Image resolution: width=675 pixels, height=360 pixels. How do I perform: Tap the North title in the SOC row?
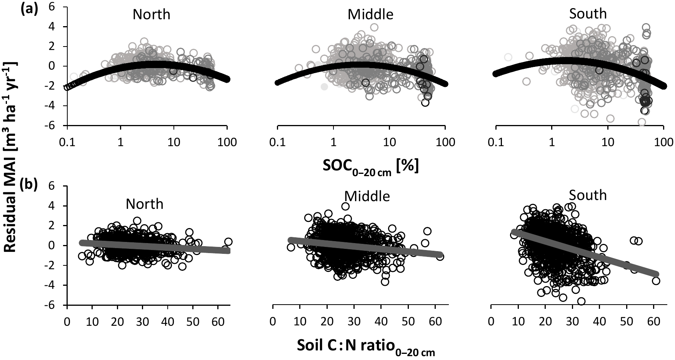click(151, 15)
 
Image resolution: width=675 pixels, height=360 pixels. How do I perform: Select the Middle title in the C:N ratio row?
click(367, 197)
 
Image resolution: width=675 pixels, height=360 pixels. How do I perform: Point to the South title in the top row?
click(588, 14)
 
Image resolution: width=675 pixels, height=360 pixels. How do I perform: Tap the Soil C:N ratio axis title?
click(366, 347)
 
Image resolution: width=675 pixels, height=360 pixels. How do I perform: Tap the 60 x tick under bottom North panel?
click(218, 321)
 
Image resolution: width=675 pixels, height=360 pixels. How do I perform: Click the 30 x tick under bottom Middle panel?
click(354, 321)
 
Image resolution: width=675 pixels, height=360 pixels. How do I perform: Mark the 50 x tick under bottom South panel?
click(627, 321)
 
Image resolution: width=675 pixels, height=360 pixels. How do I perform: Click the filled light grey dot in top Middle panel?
click(324, 87)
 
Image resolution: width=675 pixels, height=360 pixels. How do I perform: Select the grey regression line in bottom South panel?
click(585, 252)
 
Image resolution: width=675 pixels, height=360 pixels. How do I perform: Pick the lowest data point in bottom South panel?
click(581, 302)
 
